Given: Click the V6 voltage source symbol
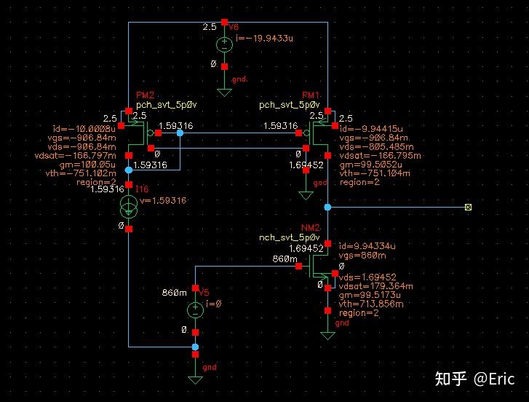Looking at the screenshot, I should [224, 44].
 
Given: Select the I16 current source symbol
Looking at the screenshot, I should [129, 206].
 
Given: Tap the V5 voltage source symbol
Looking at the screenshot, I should [195, 309].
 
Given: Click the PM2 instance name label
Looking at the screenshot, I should [145, 96].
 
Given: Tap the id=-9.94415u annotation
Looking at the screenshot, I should [371, 127].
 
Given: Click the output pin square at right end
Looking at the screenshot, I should [468, 208].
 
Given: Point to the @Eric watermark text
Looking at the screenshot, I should [494, 379].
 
